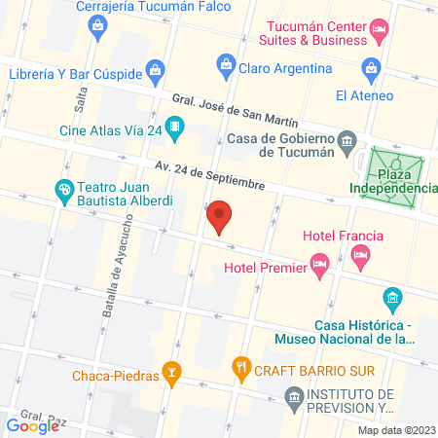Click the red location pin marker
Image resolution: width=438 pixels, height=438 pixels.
[220, 215]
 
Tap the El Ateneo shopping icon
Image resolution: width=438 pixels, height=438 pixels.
[370, 68]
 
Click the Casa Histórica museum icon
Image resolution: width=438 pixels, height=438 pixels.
[391, 297]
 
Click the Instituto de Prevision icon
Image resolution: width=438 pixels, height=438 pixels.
[293, 396]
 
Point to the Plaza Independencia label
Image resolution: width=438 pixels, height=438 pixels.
[394, 181]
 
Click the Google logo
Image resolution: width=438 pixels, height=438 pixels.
[32, 425]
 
